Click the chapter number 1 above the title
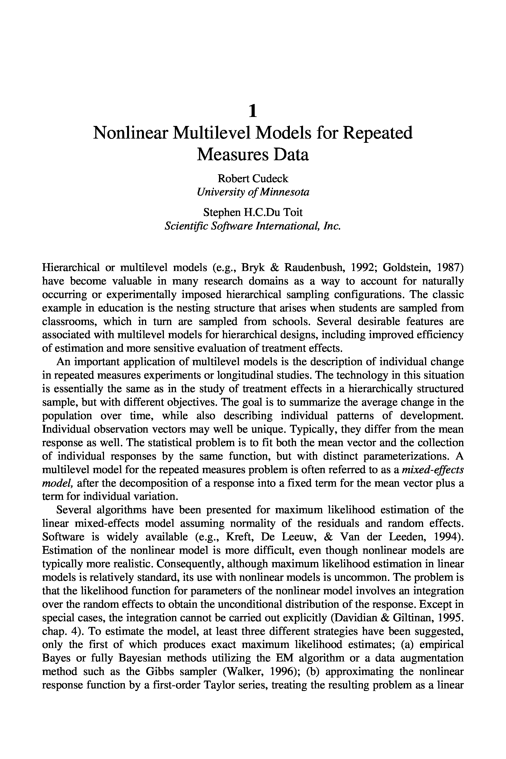253,111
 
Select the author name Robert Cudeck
253,179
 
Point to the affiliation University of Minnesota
253,192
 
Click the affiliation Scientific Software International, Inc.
253,226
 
